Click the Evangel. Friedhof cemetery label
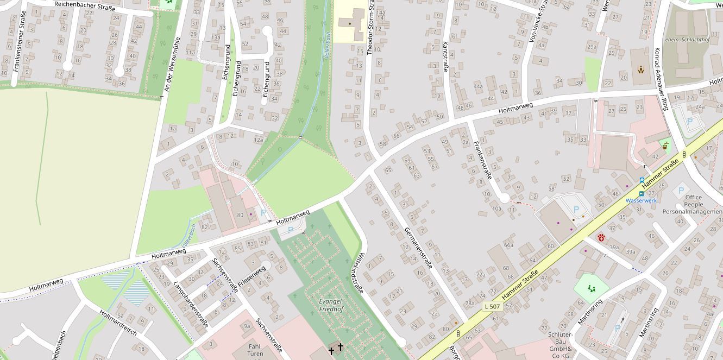click(331, 305)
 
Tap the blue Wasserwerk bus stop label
click(641, 200)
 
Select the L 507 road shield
click(492, 306)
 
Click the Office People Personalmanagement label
click(693, 205)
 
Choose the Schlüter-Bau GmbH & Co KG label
click(560, 345)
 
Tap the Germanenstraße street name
click(418, 248)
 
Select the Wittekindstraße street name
click(354, 274)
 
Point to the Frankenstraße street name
click(483, 160)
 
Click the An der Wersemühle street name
click(172, 66)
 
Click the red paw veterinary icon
click(601, 238)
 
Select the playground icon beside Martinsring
click(591, 288)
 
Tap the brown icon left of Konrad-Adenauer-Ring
click(641, 70)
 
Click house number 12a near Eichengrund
click(259, 140)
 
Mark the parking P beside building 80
click(263, 213)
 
